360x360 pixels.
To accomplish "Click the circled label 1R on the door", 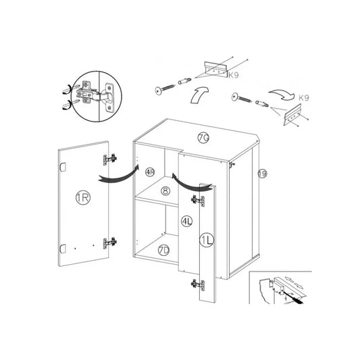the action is (83, 197).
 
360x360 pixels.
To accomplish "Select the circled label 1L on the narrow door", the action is (207, 240).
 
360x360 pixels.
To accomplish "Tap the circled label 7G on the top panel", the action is (203, 138).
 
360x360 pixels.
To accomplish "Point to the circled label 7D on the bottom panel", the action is (163, 251).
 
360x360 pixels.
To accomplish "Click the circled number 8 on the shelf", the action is (165, 190).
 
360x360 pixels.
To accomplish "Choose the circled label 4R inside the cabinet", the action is (150, 172).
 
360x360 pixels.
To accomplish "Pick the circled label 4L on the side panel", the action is (187, 222).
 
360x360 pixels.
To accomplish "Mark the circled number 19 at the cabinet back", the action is (263, 174).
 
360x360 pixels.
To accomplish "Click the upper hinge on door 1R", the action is (109, 159).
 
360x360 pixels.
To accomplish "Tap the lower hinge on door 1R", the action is (109, 243).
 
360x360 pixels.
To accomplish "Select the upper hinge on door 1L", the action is (198, 201).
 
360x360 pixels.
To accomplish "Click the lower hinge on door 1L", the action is (198, 285).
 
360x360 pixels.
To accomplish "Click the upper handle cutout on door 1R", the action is (63, 167).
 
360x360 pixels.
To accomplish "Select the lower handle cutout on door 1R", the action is (63, 249).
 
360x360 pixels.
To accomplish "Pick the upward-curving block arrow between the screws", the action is (198, 95).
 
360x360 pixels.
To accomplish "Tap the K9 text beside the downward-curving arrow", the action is (304, 98).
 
